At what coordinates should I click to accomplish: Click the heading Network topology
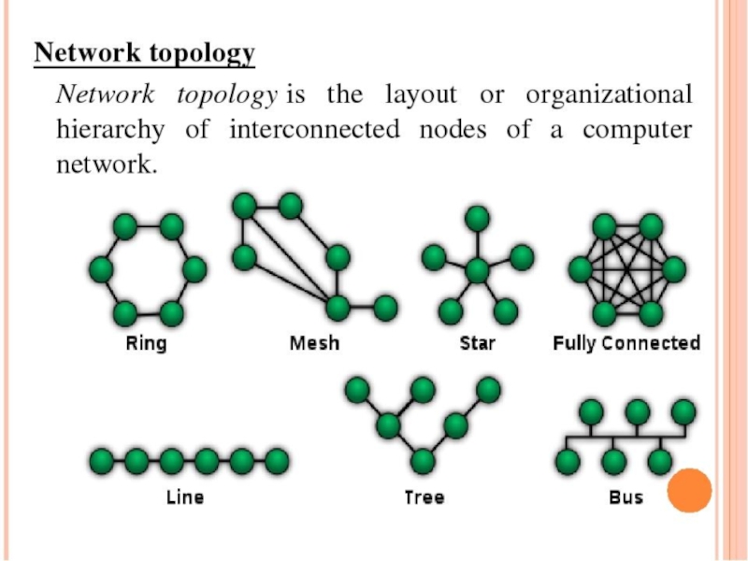click(144, 53)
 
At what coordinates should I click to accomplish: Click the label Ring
click(146, 343)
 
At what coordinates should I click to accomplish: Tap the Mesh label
click(314, 343)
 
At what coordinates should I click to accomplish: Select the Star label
click(478, 343)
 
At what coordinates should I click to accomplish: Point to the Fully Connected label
click(626, 343)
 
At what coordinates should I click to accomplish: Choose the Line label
click(184, 497)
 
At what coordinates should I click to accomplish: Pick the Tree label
click(424, 497)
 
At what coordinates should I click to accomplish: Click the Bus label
click(626, 497)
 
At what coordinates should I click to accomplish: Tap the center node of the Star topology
click(478, 271)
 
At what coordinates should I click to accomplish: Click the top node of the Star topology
click(478, 219)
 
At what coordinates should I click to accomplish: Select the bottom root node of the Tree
click(424, 460)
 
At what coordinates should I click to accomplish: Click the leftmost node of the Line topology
click(101, 460)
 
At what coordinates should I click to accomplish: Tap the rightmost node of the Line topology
click(276, 460)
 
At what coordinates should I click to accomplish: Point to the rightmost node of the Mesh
click(385, 306)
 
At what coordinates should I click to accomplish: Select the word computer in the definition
click(637, 130)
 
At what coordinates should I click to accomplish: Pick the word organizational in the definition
click(609, 95)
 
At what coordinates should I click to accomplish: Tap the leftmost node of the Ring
click(101, 270)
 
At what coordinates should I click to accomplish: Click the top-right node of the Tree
click(487, 388)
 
